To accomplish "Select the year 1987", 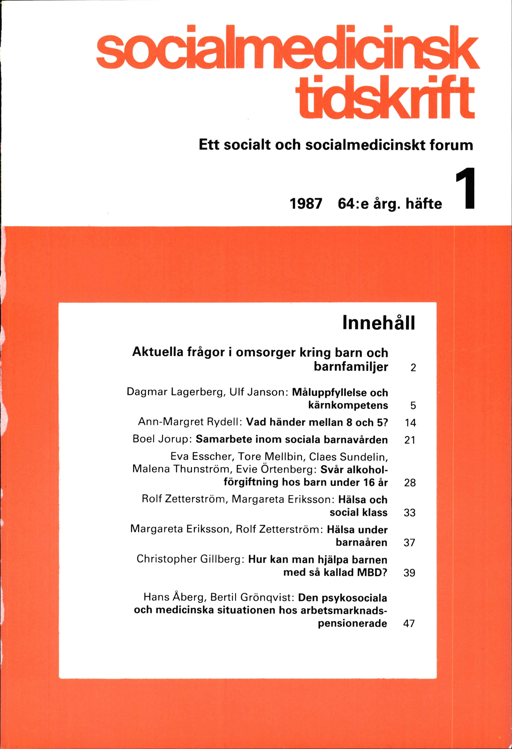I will (306, 204).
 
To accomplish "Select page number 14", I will (410, 423).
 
